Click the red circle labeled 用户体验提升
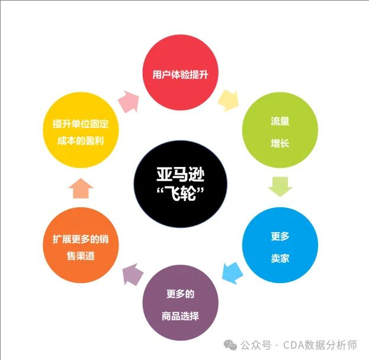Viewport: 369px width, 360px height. click(x=181, y=72)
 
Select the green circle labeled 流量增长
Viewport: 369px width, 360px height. click(x=280, y=130)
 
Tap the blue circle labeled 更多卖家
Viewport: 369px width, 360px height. click(x=280, y=245)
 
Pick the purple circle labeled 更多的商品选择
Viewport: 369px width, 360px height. click(x=181, y=303)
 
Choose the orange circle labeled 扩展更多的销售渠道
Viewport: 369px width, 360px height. click(x=81, y=245)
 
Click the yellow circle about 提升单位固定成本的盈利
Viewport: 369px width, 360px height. click(x=81, y=130)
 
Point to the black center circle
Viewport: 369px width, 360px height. click(x=181, y=184)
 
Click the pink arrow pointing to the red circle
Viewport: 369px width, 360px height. click(x=129, y=101)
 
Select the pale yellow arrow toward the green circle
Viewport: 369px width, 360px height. click(x=228, y=101)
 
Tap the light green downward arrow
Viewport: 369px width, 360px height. click(x=280, y=187)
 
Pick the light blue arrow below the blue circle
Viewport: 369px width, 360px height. click(x=233, y=273)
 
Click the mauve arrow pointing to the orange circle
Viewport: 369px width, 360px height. click(x=133, y=274)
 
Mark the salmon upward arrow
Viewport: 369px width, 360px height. click(x=81, y=188)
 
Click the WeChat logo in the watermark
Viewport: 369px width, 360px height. click(x=230, y=345)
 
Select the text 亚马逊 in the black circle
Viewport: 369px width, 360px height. click(x=181, y=175)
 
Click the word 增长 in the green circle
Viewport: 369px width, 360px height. click(x=280, y=143)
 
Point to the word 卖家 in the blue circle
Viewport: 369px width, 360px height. click(x=280, y=258)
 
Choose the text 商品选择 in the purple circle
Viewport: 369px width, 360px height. click(x=181, y=316)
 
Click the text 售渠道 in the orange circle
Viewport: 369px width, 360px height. click(x=81, y=256)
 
